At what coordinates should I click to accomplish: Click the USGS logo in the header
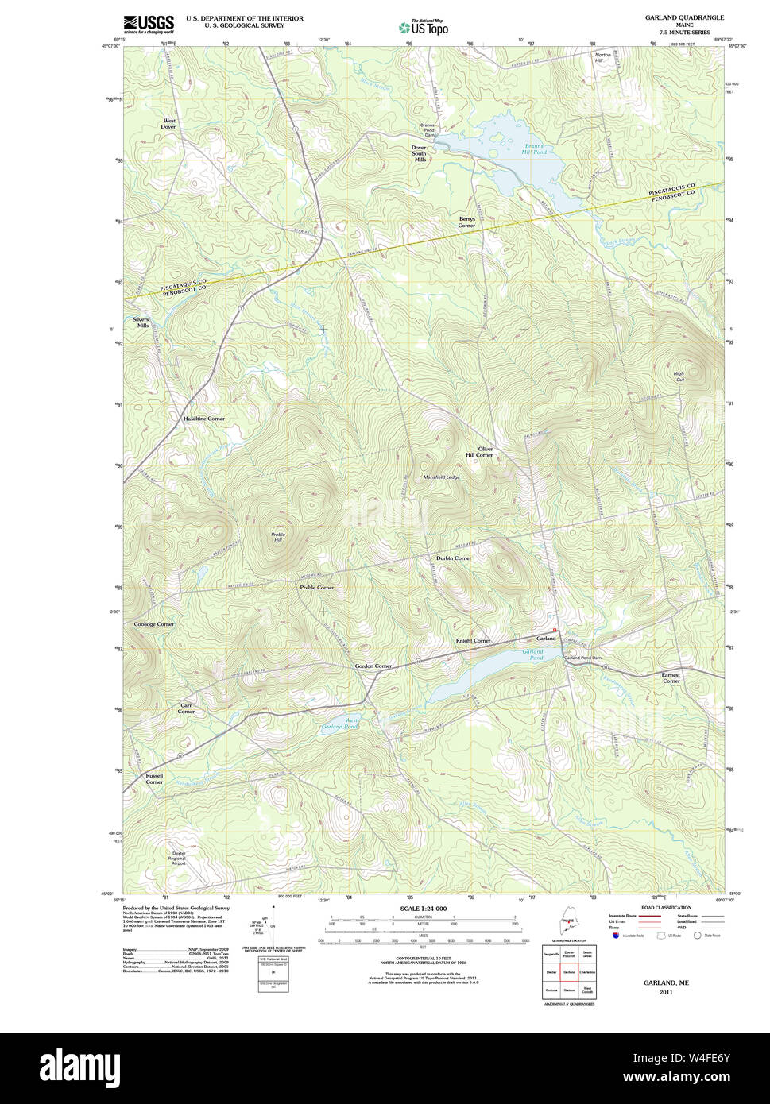pos(149,24)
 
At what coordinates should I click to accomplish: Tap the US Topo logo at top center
pos(423,27)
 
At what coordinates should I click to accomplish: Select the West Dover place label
pos(168,124)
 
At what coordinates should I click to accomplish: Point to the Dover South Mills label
pos(420,153)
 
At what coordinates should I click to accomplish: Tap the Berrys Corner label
pos(466,222)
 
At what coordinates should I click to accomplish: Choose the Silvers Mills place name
pos(141,322)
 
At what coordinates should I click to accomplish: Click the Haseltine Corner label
pos(203,419)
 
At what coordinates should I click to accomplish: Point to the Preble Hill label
pos(277,537)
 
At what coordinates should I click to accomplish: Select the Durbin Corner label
pos(453,558)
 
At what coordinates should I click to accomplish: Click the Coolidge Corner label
pos(153,624)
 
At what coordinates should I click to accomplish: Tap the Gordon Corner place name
pos(373,666)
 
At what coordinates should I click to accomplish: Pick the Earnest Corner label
pos(671,677)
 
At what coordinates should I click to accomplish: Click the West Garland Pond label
pos(339,724)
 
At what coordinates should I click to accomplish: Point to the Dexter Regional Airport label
pos(178,859)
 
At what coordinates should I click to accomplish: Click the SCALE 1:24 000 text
pos(423,909)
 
